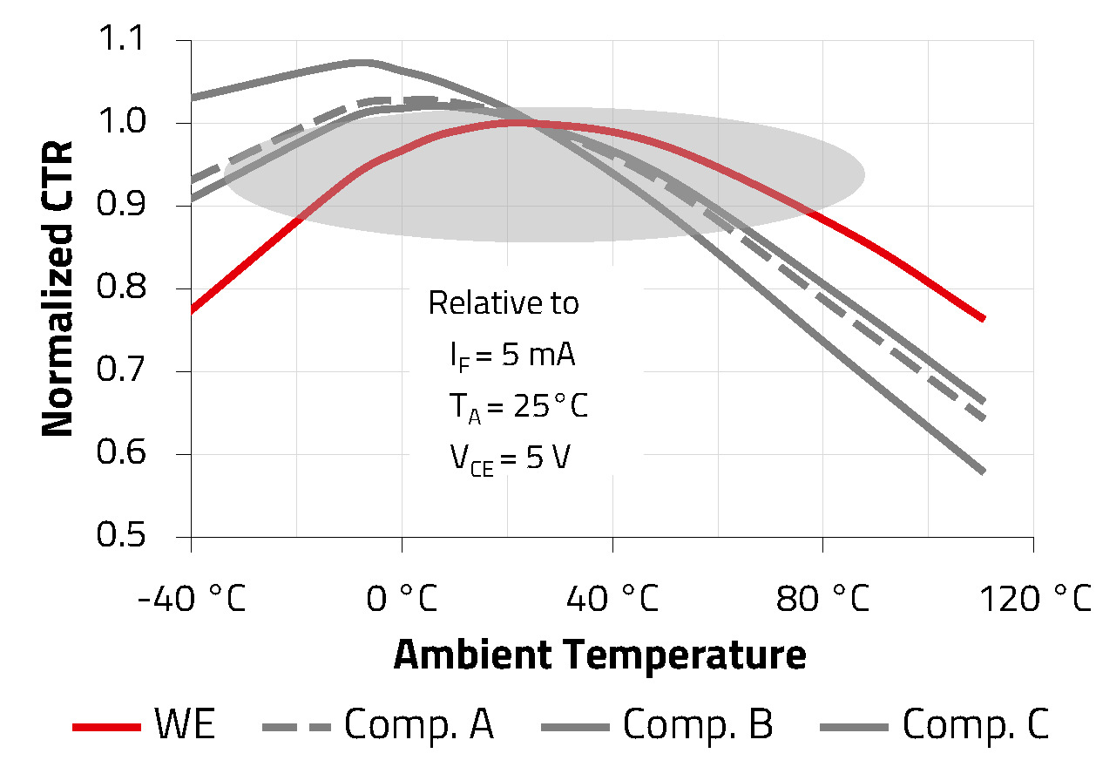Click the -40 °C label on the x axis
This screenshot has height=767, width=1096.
click(191, 601)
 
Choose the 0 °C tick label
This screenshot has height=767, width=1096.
click(402, 601)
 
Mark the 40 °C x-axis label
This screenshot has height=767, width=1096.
click(612, 601)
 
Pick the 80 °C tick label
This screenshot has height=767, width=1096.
click(823, 601)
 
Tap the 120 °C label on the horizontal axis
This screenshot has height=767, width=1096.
click(1033, 601)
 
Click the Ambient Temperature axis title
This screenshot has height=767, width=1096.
click(600, 655)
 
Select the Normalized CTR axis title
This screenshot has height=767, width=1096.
click(58, 288)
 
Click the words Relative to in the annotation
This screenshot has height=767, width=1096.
click(504, 303)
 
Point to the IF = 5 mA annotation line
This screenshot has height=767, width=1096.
click(512, 356)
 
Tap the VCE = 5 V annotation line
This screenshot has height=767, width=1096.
click(510, 458)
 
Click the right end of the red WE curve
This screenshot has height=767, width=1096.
click(983, 319)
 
